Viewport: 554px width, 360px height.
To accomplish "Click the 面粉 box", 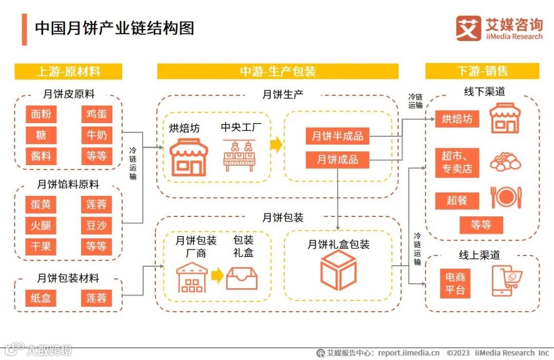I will coord(41,114).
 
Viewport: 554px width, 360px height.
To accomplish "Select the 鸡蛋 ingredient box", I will coord(96,114).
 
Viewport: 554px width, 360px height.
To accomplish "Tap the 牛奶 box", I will coord(96,135).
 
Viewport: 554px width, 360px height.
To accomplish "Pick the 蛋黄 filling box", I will coord(41,205).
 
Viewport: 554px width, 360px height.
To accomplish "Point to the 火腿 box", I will coord(41,226).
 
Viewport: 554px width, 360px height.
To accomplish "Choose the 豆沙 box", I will coord(96,226).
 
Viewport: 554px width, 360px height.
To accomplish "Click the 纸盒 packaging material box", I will coord(41,298).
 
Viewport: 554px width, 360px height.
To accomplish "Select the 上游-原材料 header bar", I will coord(68,71).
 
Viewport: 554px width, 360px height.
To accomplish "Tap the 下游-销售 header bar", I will coord(482,71).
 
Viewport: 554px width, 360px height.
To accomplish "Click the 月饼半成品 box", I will coord(337,136).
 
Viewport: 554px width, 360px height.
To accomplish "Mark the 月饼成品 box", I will coord(337,159).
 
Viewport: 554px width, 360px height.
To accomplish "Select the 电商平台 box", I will coord(455,284).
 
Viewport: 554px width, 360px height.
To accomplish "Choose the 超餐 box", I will coord(457,200).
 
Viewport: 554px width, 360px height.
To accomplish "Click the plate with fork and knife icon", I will coord(506,197).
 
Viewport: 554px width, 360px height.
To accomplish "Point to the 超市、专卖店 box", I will coord(457,162).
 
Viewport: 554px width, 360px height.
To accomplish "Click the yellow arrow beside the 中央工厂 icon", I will coord(276,146).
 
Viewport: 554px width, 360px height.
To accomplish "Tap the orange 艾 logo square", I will coord(468,29).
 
